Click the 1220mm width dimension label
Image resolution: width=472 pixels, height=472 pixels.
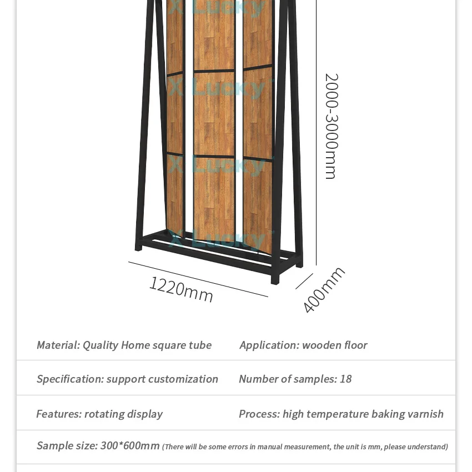pyautogui.click(x=181, y=289)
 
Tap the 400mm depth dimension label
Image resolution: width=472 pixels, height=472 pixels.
pyautogui.click(x=324, y=290)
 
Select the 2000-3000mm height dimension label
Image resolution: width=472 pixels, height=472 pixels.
pyautogui.click(x=331, y=126)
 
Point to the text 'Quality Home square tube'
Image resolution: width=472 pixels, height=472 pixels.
pyautogui.click(x=147, y=345)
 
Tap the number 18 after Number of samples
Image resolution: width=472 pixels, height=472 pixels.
pyautogui.click(x=345, y=379)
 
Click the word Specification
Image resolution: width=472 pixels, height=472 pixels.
pyautogui.click(x=69, y=379)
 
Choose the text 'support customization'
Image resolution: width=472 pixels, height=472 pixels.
pyautogui.click(x=162, y=379)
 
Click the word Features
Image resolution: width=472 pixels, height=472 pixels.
pyautogui.click(x=58, y=414)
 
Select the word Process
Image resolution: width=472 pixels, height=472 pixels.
pyautogui.click(x=259, y=414)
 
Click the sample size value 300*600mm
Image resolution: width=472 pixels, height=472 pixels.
pyautogui.click(x=130, y=446)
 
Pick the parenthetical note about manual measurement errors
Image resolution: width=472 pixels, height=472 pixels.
pyautogui.click(x=305, y=447)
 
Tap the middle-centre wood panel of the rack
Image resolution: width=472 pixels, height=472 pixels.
pyautogui.click(x=214, y=113)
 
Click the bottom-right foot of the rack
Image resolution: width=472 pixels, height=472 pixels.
pyautogui.click(x=275, y=279)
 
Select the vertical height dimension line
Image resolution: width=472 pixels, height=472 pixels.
pyautogui.click(x=316, y=133)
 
